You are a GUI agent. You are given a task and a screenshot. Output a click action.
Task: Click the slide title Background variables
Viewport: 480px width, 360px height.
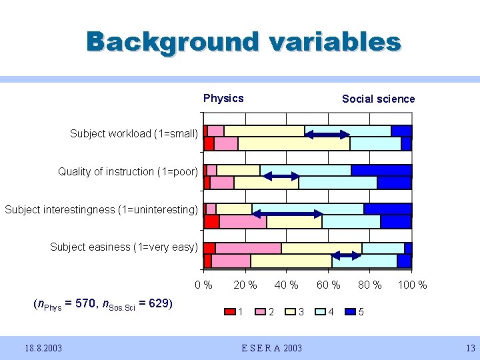point(243,41)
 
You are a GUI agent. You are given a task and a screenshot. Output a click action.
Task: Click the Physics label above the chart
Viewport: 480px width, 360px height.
point(223,99)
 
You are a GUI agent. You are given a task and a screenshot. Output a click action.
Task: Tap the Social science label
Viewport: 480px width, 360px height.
point(378,99)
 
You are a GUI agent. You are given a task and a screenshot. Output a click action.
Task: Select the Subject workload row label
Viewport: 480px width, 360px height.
point(134,134)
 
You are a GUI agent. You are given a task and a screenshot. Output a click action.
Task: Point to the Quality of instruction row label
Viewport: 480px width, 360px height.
point(128,172)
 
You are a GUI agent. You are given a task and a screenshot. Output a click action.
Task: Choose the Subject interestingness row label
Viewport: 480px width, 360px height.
point(101,210)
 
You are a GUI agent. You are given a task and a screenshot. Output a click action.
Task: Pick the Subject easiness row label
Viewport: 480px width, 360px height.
point(124,247)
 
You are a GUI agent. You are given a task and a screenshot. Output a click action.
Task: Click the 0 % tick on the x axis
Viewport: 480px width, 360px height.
point(203,285)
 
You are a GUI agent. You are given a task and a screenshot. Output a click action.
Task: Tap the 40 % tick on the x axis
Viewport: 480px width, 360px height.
point(287,285)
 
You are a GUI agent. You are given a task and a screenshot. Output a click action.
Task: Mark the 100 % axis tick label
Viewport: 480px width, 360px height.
point(413,285)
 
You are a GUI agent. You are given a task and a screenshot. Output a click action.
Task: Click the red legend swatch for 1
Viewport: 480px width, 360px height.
point(230,311)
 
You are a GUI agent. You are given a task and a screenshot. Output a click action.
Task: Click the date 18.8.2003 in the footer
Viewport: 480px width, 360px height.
point(45,347)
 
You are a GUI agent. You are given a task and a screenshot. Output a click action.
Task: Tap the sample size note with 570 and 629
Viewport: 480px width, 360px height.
point(103,305)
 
